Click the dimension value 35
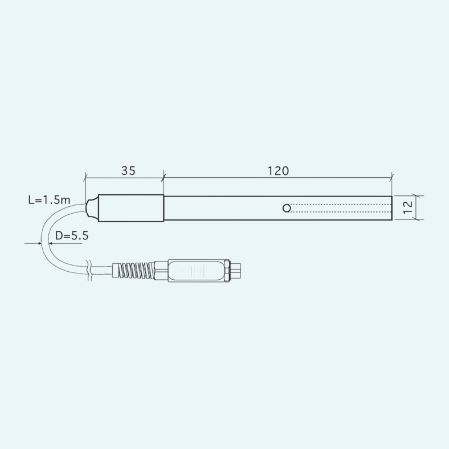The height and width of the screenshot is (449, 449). [128, 171]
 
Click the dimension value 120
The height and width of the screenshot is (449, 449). [278, 171]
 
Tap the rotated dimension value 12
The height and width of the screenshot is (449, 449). [408, 207]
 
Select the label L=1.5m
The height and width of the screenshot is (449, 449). [49, 200]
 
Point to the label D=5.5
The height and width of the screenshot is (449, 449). [72, 236]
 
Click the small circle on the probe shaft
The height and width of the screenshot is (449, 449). [287, 208]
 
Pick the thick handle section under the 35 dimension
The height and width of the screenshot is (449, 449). [131, 208]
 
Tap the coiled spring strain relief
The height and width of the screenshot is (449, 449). [134, 271]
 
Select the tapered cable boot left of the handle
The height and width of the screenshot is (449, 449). [92, 208]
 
